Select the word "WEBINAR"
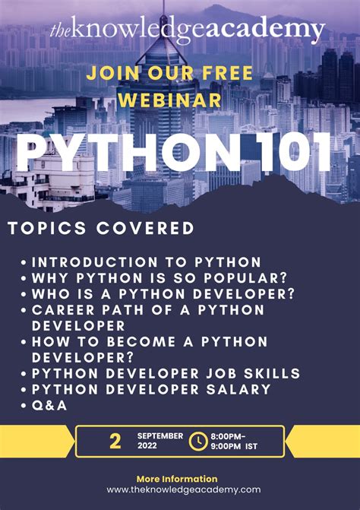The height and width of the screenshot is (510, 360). point(180,100)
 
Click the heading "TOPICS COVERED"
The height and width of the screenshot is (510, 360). point(100,228)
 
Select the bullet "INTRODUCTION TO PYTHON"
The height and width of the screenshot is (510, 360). point(147,261)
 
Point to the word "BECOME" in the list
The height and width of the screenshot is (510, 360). point(137,342)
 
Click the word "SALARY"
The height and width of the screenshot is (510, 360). point(235,389)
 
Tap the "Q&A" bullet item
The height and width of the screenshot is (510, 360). point(49,405)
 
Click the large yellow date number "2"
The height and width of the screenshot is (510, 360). point(115,442)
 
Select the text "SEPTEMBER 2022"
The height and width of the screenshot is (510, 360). point(159,442)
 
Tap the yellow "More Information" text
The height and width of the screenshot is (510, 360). point(177,479)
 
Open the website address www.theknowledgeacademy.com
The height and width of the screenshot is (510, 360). point(183,490)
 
